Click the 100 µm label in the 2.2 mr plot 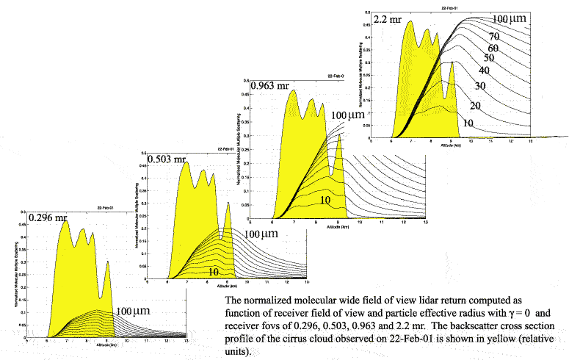point(510,18)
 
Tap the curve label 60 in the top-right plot point(493,48)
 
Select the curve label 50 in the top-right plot point(489,59)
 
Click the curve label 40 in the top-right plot point(484,71)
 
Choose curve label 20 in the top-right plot point(475,106)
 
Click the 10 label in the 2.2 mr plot point(468,123)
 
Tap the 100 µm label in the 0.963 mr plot point(347,115)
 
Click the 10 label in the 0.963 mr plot point(326,200)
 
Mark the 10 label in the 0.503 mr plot point(214,271)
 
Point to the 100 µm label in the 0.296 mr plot point(134,312)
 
